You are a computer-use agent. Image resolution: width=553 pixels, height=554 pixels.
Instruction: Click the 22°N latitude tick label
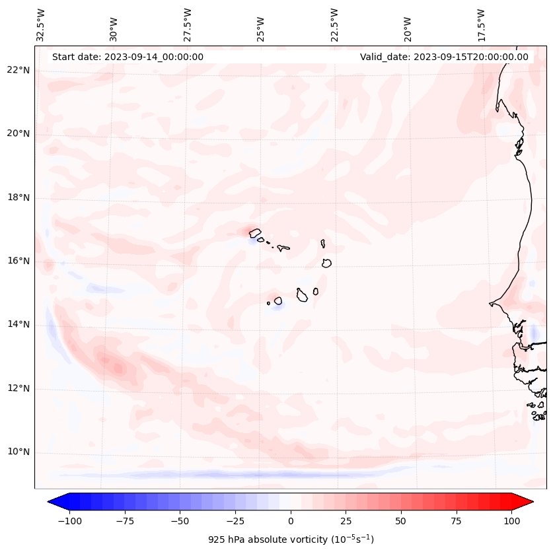tap(18, 70)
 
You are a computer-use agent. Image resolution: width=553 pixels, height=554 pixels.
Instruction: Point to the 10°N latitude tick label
tap(18, 452)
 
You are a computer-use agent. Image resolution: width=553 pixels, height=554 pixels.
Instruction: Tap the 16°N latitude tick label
tap(18, 261)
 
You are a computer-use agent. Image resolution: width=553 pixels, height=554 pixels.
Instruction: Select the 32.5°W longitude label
tap(41, 25)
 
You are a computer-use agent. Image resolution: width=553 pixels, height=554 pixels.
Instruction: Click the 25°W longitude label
tap(261, 25)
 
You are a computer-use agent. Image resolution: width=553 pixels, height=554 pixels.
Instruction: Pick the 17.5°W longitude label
tap(481, 25)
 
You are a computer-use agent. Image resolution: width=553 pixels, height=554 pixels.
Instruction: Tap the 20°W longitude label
tap(408, 25)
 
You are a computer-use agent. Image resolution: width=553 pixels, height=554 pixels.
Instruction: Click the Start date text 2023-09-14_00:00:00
tap(128, 57)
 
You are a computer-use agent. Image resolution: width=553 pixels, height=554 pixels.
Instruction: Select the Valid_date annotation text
tap(444, 57)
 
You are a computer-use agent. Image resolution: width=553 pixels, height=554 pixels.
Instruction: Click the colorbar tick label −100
tap(68, 521)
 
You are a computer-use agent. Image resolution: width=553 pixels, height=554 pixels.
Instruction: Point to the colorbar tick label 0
tap(291, 521)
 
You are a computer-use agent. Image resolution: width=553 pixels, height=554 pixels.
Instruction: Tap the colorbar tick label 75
tap(456, 521)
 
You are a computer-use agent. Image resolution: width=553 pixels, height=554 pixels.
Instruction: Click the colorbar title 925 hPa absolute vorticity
tap(291, 539)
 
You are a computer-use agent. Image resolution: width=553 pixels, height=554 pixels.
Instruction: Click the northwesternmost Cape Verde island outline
tap(255, 232)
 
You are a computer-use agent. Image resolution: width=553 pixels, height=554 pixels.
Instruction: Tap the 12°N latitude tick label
tap(18, 389)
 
